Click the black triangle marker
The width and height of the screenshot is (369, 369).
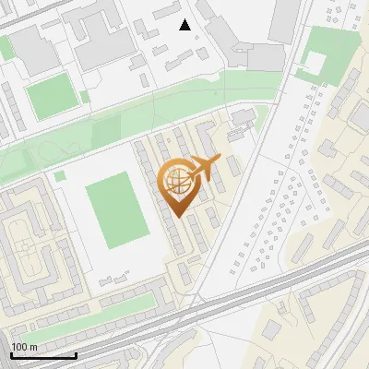(x=185, y=25)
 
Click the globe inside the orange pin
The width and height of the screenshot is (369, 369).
(x=177, y=182)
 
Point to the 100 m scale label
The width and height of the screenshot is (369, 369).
(x=24, y=347)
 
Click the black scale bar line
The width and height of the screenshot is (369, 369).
(x=43, y=355)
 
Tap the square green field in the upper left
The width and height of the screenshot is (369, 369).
(x=50, y=96)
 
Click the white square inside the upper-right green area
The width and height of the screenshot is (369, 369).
(x=315, y=63)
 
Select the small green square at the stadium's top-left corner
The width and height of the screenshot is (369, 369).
(x=60, y=175)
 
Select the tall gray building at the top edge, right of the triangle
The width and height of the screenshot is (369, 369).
(x=284, y=18)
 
